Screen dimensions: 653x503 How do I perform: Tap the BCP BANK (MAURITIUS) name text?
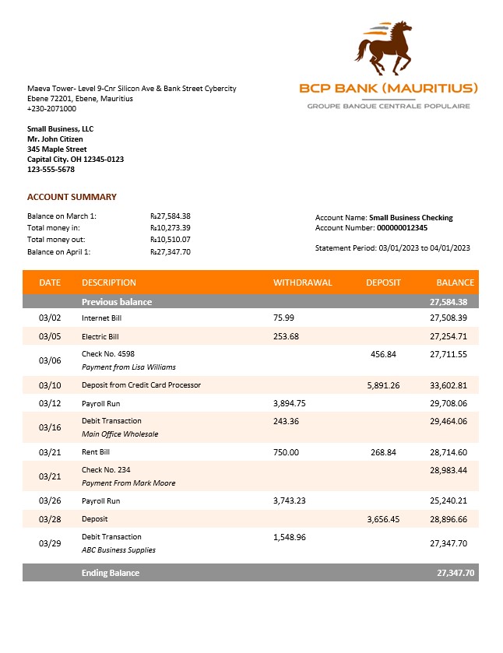389,88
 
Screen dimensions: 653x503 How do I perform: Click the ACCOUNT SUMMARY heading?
72,197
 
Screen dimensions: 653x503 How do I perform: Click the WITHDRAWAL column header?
302,283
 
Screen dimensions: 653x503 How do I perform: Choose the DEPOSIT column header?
383,283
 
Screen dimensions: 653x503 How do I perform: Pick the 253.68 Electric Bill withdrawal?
286,336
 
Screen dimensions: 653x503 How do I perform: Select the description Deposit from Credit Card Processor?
141,385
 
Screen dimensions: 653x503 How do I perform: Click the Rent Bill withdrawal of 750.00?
286,452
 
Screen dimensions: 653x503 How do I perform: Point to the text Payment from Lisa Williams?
128,367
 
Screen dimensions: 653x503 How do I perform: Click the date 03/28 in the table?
49,518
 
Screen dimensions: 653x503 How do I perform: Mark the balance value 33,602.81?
448,385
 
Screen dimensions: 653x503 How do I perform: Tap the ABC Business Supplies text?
118,549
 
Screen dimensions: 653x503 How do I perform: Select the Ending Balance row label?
111,573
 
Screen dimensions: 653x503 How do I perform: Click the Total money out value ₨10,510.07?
170,240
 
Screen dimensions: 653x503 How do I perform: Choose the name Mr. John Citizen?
55,139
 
